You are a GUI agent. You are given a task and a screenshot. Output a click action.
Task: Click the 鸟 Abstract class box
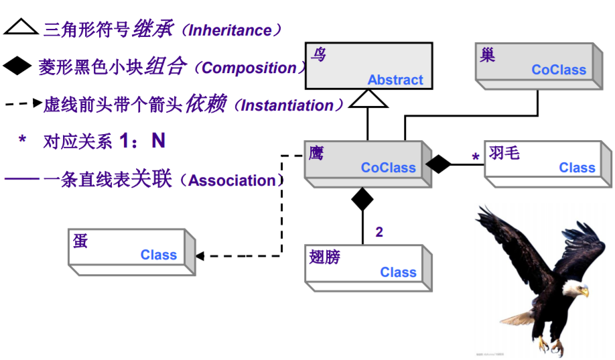pyautogui.click(x=368, y=66)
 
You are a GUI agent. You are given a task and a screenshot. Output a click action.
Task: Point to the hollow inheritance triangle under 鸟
pyautogui.click(x=368, y=99)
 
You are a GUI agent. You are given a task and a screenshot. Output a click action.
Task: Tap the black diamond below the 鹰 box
pyautogui.click(x=362, y=198)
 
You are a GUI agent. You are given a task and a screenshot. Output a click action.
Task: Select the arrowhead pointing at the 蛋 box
pyautogui.click(x=200, y=255)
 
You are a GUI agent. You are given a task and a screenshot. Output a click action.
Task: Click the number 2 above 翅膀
pyautogui.click(x=379, y=233)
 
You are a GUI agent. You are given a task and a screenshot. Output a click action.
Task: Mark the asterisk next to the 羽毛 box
pyautogui.click(x=476, y=158)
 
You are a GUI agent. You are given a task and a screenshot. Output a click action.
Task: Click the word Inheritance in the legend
pyautogui.click(x=230, y=30)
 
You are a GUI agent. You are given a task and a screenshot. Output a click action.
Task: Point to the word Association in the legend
pyautogui.click(x=232, y=180)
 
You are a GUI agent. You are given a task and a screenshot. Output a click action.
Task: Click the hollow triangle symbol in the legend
pyautogui.click(x=21, y=27)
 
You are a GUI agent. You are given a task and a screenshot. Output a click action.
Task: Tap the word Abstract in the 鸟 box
pyautogui.click(x=395, y=80)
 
